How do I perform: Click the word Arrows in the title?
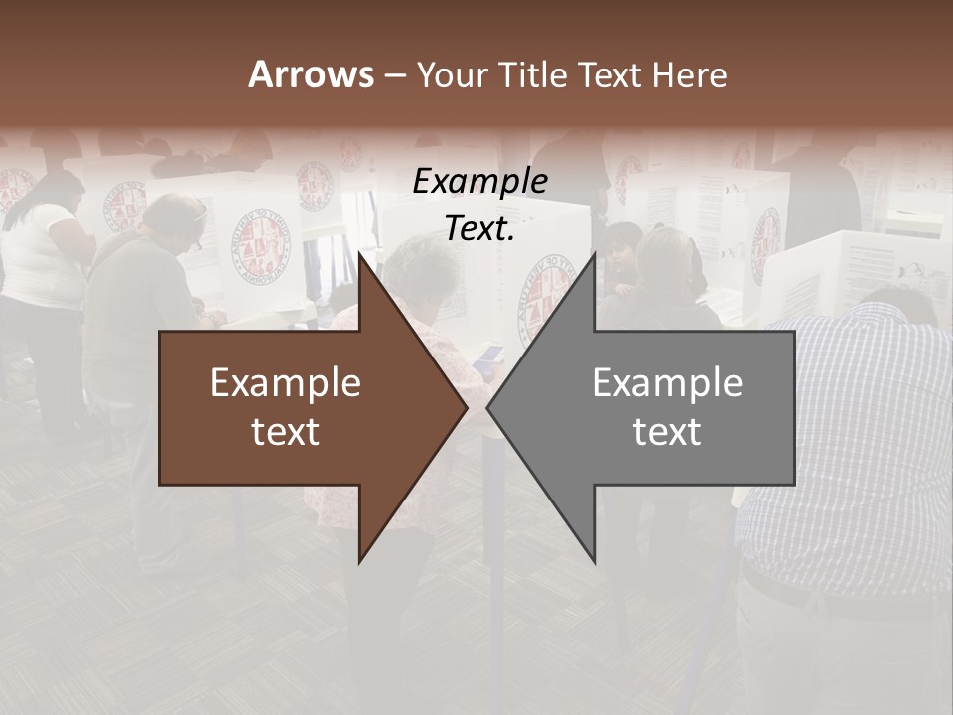[311, 75]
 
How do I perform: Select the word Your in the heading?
[453, 75]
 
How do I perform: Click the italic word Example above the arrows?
[479, 182]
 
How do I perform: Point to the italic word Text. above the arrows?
[479, 229]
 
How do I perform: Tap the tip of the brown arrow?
[464, 407]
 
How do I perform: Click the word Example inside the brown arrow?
[286, 383]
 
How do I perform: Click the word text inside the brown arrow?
[286, 432]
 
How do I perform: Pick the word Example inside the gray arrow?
[667, 383]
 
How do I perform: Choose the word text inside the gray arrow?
[667, 432]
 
